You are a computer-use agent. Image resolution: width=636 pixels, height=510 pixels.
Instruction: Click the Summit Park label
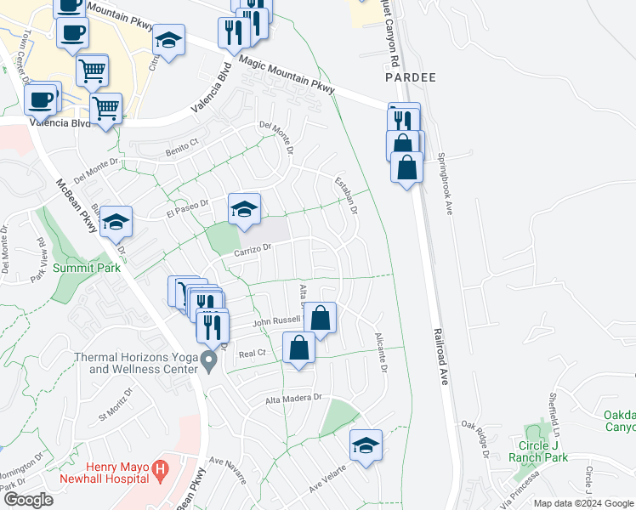point(82,267)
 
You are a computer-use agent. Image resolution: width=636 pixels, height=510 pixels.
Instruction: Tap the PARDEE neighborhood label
point(410,77)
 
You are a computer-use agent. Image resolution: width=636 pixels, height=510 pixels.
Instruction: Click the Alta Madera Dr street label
point(295,397)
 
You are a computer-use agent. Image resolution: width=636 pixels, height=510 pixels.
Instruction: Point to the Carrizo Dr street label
point(253,248)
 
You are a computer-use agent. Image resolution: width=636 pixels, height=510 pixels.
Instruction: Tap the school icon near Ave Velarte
point(366,445)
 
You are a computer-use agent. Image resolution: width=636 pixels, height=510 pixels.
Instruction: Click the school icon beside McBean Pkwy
point(116,222)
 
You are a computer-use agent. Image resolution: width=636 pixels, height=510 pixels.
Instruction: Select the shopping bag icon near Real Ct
point(299,348)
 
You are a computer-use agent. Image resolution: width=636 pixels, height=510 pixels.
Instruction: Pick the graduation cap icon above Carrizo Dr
point(244,209)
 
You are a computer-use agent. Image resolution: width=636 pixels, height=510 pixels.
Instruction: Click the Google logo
point(28,500)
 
